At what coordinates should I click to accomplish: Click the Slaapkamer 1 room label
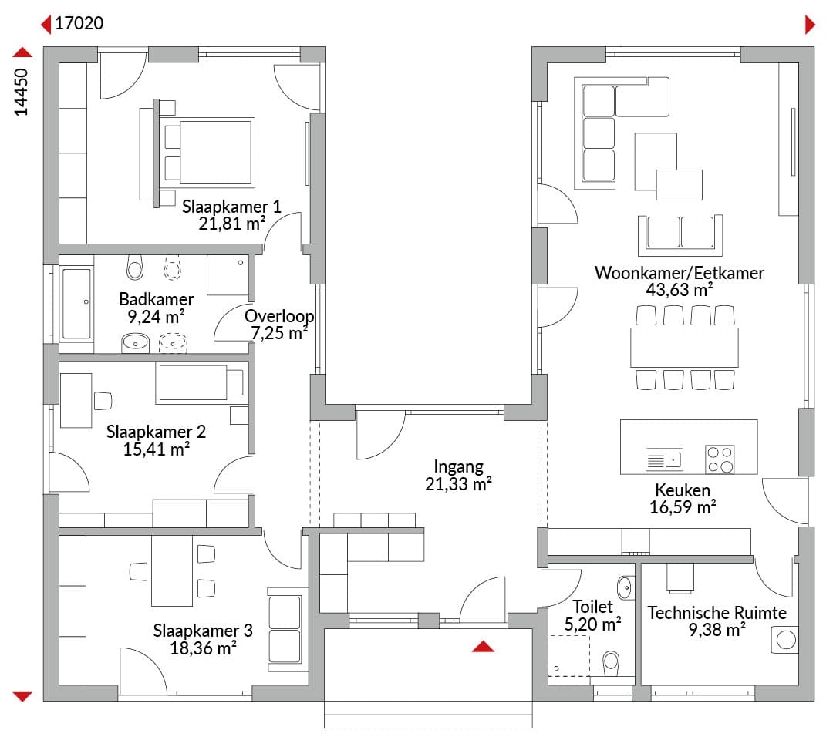click(231, 207)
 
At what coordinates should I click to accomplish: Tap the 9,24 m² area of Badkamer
click(156, 317)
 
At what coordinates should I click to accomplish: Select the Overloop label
click(279, 316)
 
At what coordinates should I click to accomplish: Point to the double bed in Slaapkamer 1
click(209, 153)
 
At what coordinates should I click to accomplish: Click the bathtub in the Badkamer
click(77, 304)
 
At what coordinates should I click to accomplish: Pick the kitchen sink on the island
click(664, 459)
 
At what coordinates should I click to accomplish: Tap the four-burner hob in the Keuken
click(720, 459)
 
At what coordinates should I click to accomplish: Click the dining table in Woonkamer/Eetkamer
click(684, 347)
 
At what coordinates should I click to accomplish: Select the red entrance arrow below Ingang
click(483, 646)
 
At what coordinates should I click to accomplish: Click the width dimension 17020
click(79, 23)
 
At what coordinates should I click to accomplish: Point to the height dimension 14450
click(21, 92)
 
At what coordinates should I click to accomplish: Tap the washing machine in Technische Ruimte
click(785, 640)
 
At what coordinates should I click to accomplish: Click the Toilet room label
click(592, 607)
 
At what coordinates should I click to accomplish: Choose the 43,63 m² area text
click(679, 290)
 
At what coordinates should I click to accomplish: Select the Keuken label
click(682, 490)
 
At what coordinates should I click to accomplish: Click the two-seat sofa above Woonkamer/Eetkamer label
click(680, 235)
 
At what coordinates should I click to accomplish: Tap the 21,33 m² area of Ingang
click(458, 484)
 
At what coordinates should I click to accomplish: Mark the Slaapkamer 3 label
click(203, 631)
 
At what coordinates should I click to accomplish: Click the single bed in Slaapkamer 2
click(202, 383)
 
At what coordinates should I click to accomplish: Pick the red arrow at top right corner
click(810, 25)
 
